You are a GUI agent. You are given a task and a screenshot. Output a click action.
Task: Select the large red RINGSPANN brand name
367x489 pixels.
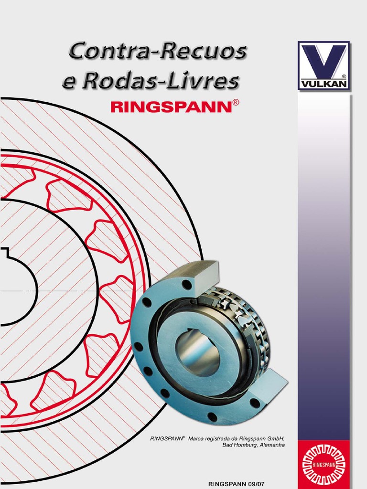pyautogui.click(x=171, y=107)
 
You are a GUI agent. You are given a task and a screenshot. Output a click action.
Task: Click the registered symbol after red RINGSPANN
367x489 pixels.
pyautogui.click(x=236, y=103)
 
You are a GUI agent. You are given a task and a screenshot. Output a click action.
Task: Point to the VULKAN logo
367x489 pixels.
pyautogui.click(x=324, y=66)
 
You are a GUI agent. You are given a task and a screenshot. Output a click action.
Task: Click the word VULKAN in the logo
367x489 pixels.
pyautogui.click(x=324, y=84)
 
